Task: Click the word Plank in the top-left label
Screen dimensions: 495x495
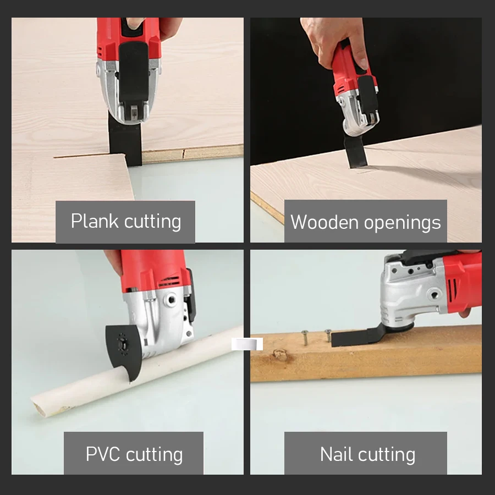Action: pyautogui.click(x=95, y=221)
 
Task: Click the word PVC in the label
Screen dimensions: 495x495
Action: pyautogui.click(x=103, y=454)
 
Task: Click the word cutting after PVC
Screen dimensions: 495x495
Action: pyautogui.click(x=154, y=454)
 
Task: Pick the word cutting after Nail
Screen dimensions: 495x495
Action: pyautogui.click(x=388, y=454)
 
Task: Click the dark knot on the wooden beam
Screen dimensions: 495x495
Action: pyautogui.click(x=282, y=355)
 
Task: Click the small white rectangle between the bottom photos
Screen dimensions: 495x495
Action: pyautogui.click(x=247, y=344)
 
